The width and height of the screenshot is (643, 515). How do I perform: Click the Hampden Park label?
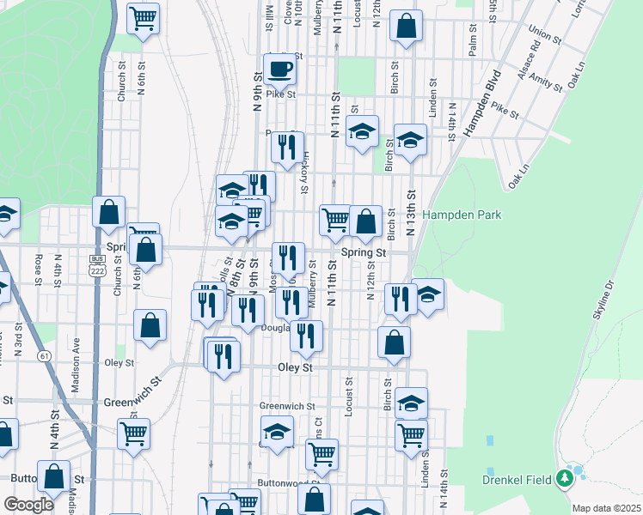pyautogui.click(x=462, y=215)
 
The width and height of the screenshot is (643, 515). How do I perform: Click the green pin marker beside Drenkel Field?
pyautogui.click(x=565, y=478)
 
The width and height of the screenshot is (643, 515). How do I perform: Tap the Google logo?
pyautogui.click(x=28, y=505)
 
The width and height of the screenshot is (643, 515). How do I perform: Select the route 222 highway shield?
pyautogui.click(x=97, y=268)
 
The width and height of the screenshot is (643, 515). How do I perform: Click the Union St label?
pyautogui.click(x=545, y=35)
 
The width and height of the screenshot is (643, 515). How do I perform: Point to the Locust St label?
pyautogui.click(x=350, y=397)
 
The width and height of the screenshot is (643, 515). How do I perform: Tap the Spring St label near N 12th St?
pyautogui.click(x=364, y=253)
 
